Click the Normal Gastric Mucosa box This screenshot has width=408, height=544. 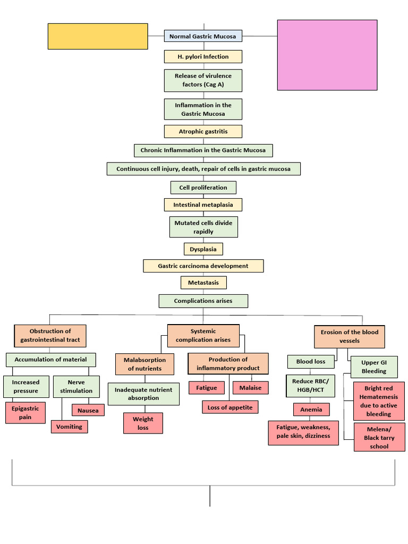click(x=203, y=36)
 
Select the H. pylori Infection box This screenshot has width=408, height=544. click(x=203, y=57)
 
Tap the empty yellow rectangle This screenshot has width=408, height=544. click(x=98, y=36)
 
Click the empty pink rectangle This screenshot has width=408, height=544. click(x=327, y=55)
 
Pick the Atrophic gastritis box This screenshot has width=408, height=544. click(x=203, y=131)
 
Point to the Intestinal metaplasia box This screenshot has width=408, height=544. click(x=203, y=205)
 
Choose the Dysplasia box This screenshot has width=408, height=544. click(x=203, y=249)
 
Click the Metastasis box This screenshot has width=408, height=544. click(x=203, y=283)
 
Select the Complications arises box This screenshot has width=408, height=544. click(x=203, y=301)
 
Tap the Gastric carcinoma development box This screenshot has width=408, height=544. click(x=203, y=266)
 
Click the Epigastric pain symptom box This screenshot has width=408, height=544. click(x=25, y=413)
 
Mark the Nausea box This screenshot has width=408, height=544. click(x=88, y=410)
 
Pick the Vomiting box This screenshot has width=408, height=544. click(x=69, y=427)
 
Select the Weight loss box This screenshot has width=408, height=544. click(x=143, y=423)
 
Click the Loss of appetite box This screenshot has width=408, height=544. click(x=230, y=407)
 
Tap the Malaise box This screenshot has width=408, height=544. click(x=250, y=388)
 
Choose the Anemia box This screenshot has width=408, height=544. click(x=311, y=410)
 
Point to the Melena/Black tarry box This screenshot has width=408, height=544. click(x=379, y=438)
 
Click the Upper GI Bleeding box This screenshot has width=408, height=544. click(x=374, y=367)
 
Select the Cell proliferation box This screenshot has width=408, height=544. click(x=203, y=188)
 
